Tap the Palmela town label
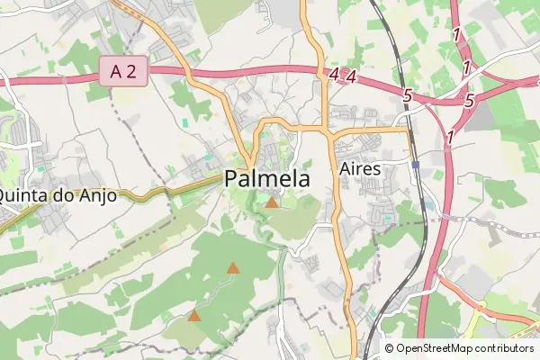pyautogui.click(x=267, y=179)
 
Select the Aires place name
pyautogui.click(x=361, y=168)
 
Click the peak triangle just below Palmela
pyautogui.click(x=272, y=203)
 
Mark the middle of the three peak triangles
pyautogui.click(x=233, y=267)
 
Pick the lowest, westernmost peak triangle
pyautogui.click(x=194, y=315)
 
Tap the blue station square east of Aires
pyautogui.click(x=415, y=166)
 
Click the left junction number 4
pyautogui.click(x=335, y=76)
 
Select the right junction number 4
pyautogui.click(x=352, y=78)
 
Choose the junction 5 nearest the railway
pyautogui.click(x=408, y=94)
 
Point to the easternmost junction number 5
pyautogui.click(x=469, y=101)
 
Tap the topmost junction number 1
pyautogui.click(x=458, y=35)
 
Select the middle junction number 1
pyautogui.click(x=466, y=67)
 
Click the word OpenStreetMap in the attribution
pyautogui.click(x=438, y=348)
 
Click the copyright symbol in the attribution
pyautogui.click(x=390, y=348)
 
